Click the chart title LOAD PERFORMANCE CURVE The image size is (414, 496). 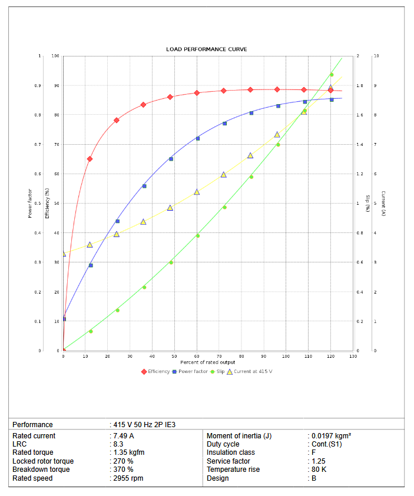(207, 49)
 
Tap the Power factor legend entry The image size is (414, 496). (192, 371)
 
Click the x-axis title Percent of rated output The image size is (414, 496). (207, 362)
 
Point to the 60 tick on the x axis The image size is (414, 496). (197, 357)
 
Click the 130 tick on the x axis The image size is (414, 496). (353, 357)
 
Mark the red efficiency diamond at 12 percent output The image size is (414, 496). (90, 159)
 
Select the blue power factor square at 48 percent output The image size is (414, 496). (171, 159)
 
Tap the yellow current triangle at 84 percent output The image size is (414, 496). (250, 155)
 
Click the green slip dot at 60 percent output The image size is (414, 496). (197, 236)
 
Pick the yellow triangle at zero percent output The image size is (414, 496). (64, 254)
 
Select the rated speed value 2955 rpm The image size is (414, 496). (129, 478)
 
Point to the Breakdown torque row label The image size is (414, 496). (41, 470)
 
